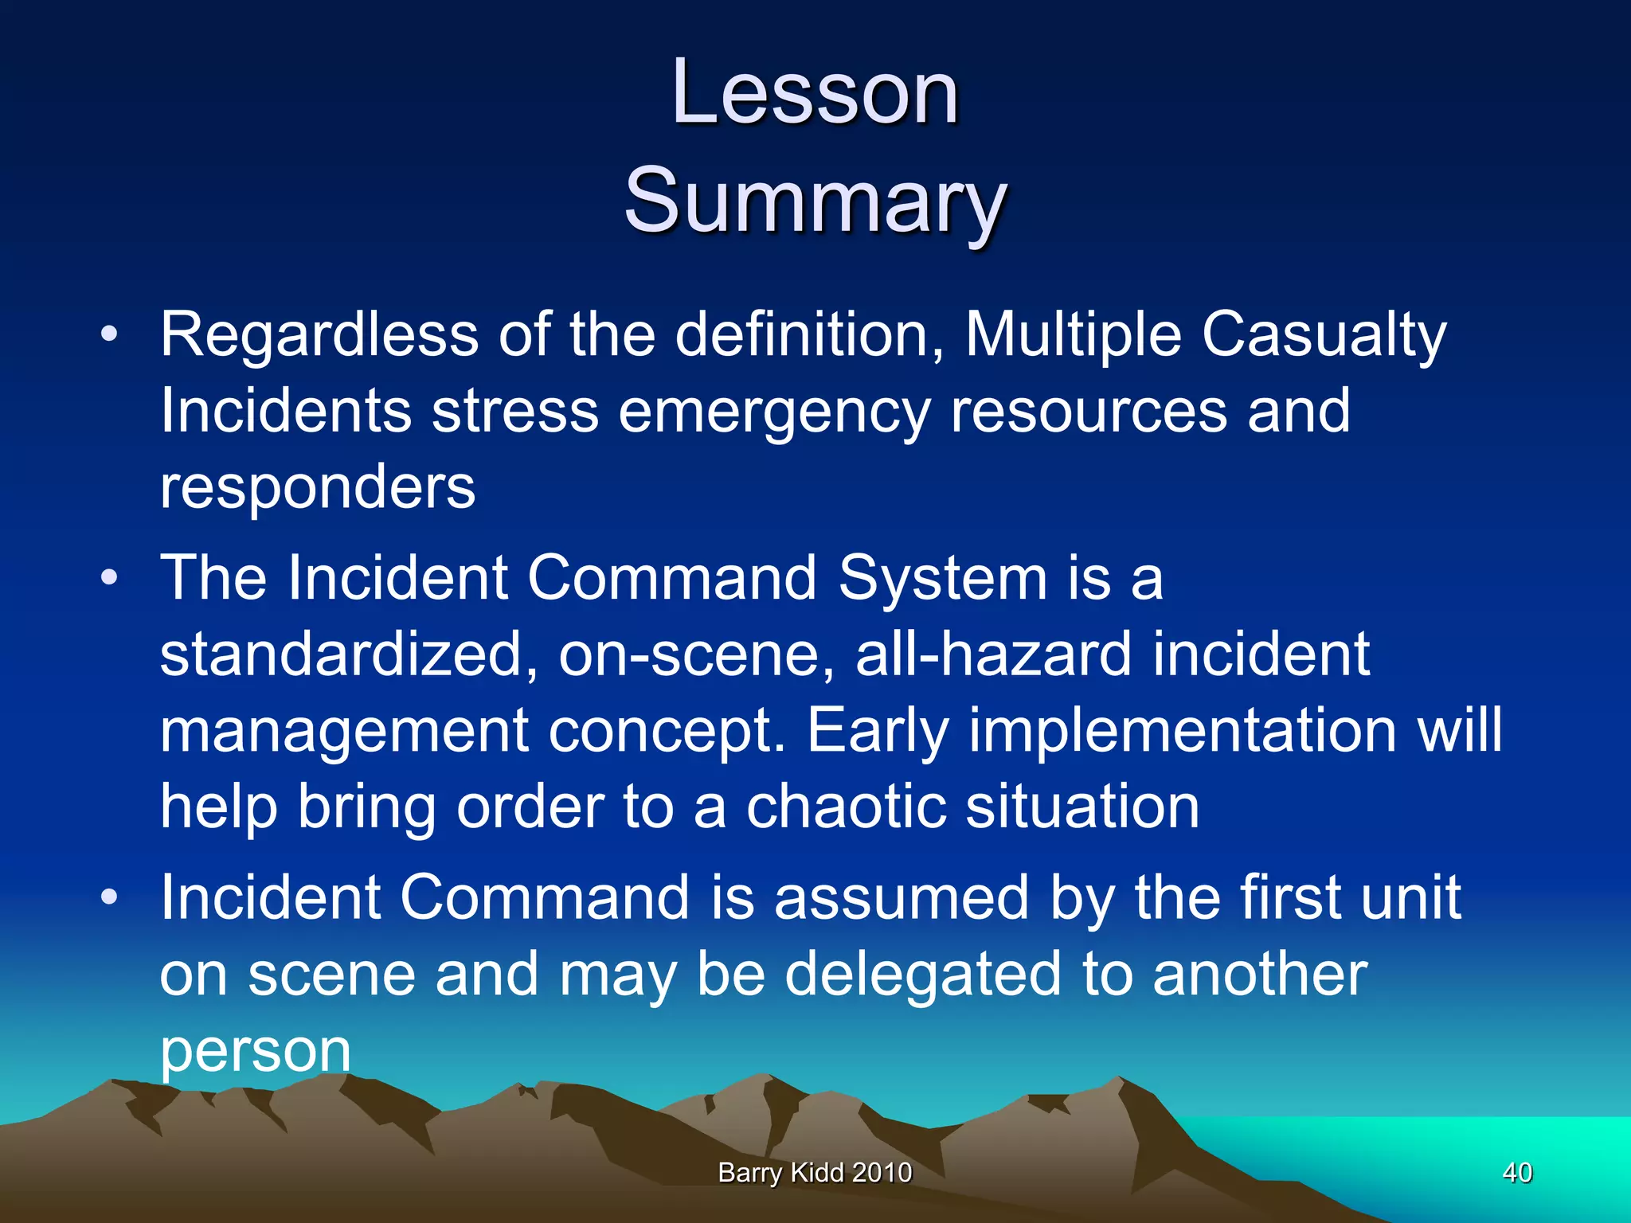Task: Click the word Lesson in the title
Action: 815,93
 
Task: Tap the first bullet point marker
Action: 109,334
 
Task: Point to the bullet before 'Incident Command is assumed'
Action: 109,897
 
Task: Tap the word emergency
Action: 773,412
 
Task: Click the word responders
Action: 317,487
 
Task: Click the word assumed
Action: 901,897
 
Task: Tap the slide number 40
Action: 1516,1172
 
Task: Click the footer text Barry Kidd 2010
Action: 815,1172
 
